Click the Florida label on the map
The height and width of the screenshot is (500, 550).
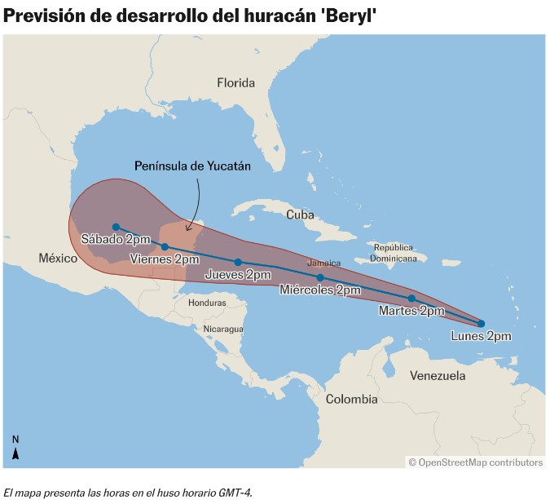point(235,82)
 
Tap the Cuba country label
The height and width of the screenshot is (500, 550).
point(300,215)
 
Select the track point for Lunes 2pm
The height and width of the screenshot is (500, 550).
point(481,324)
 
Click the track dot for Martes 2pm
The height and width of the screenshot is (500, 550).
point(411,299)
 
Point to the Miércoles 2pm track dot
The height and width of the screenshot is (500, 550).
point(320,278)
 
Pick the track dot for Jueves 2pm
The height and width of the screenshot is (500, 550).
point(238,263)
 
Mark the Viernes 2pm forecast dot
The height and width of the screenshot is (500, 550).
point(165,246)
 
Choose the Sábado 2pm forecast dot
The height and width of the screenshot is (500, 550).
point(117,227)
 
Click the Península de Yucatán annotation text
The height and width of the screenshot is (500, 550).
point(192,166)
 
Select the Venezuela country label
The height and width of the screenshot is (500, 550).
point(438,376)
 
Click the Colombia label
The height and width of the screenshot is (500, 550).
point(351,400)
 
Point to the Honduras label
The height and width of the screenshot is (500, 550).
point(206,303)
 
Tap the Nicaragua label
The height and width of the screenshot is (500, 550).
point(223,329)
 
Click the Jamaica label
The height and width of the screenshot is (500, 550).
point(323,263)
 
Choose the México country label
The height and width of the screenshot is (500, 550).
point(57,259)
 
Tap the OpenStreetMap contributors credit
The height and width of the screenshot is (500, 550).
point(475,462)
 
